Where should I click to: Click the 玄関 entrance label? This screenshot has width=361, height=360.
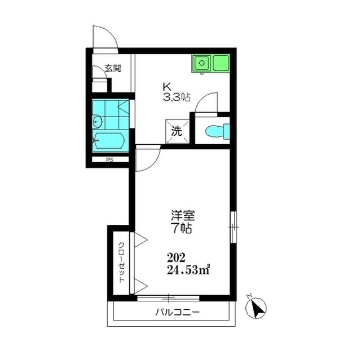click(x=113, y=68)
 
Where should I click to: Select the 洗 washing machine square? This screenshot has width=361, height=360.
click(x=177, y=131)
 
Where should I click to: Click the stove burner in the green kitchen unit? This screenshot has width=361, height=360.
click(x=202, y=63)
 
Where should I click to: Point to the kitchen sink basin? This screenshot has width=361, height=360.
click(x=221, y=63)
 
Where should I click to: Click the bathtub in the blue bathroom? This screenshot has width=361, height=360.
click(x=109, y=140)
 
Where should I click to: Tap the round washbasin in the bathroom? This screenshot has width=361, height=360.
click(x=98, y=121)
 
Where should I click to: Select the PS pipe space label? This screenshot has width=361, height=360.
click(x=110, y=159)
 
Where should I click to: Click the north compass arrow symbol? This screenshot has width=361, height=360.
click(x=256, y=308)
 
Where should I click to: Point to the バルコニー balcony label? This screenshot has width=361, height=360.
click(x=177, y=312)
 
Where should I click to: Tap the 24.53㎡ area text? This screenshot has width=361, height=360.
click(x=188, y=270)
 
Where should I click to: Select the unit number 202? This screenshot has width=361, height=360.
click(x=176, y=257)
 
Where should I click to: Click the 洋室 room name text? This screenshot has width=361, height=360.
click(x=183, y=215)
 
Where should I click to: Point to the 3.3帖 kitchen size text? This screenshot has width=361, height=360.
click(x=177, y=97)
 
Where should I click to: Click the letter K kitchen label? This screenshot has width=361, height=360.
click(x=167, y=87)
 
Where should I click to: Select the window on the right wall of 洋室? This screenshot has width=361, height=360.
click(x=233, y=227)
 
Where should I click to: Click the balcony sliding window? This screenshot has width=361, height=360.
click(x=168, y=299)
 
